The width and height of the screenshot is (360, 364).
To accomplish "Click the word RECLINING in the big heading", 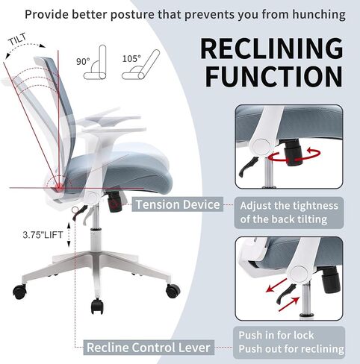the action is click(x=272, y=48).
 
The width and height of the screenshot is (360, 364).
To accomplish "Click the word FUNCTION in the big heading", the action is click(x=274, y=76).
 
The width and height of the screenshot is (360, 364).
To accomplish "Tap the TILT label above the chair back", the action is click(x=18, y=39).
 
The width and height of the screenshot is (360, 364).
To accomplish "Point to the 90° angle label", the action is click(x=83, y=61).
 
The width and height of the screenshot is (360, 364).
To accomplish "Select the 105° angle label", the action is click(x=131, y=59).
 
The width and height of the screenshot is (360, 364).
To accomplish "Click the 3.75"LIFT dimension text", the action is click(x=43, y=235).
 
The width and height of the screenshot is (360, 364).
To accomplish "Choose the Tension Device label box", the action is click(x=178, y=204).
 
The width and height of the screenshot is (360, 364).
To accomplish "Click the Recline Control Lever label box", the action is click(x=149, y=348).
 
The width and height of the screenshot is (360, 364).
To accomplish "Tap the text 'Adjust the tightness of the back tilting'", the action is click(x=289, y=213).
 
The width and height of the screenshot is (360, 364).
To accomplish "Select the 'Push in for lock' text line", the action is click(x=276, y=335).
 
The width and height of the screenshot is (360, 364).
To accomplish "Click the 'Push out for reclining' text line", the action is click(x=291, y=348).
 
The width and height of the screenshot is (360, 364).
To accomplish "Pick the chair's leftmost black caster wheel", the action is click(x=19, y=292).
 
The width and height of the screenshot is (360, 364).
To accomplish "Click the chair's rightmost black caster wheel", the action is click(x=173, y=291).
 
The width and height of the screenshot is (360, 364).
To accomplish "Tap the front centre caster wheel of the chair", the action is click(x=97, y=306).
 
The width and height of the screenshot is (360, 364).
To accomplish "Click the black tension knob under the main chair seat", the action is click(x=114, y=203).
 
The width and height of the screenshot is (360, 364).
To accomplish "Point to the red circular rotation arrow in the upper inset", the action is click(x=294, y=157).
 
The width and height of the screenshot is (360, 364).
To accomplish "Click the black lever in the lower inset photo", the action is click(x=285, y=294).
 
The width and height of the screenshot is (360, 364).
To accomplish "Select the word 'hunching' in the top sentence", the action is click(x=319, y=14).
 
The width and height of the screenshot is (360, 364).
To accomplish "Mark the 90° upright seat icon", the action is click(x=96, y=63).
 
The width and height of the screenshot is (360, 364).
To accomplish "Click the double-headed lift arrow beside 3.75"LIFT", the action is click(x=69, y=234).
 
